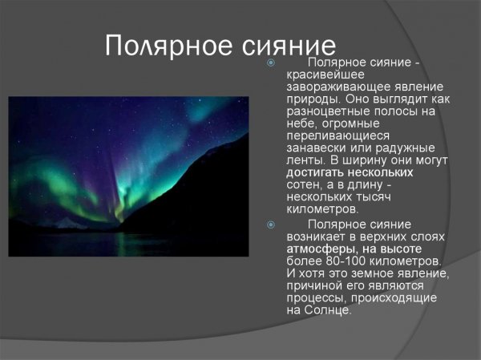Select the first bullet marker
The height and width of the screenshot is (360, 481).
271,63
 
